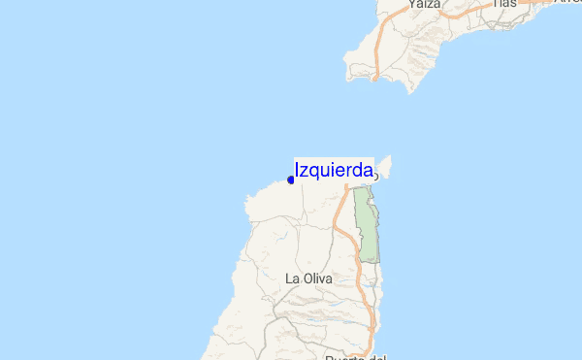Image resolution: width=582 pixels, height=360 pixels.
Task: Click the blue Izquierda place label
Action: point(334,171)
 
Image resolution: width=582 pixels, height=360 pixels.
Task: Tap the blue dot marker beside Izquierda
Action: point(291,180)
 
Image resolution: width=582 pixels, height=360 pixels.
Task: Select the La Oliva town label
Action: point(309,278)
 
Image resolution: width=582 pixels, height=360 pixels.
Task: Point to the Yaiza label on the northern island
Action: point(425,4)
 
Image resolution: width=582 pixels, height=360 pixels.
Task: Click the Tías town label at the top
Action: point(504,4)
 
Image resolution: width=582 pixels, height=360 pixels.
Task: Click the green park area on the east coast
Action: point(366,223)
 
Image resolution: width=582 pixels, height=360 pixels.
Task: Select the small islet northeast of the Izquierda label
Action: point(383,166)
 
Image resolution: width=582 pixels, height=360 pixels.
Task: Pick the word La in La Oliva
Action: point(292,278)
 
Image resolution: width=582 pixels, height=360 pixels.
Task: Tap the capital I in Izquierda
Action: point(297,171)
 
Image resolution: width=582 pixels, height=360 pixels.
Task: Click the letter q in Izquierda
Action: point(314,173)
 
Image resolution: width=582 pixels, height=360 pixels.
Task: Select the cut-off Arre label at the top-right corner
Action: point(566,3)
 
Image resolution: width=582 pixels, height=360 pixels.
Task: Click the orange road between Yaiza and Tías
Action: point(466,10)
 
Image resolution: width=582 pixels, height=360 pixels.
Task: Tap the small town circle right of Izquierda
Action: point(375,177)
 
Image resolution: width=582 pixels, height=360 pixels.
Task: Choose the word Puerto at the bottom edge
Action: point(344,356)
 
